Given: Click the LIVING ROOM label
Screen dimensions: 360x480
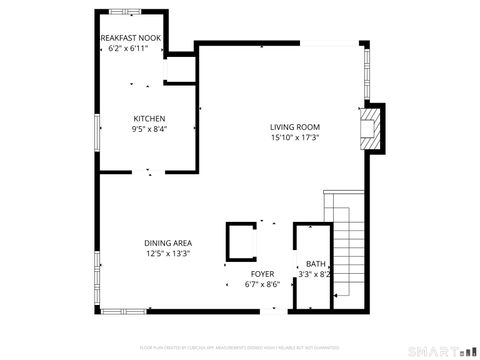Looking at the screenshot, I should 294,127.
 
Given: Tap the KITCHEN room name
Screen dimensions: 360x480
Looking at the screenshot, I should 149,119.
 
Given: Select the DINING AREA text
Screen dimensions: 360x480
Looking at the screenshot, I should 168,243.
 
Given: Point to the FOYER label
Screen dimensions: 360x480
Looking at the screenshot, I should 262,273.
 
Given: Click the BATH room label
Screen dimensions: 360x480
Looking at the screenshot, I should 315,264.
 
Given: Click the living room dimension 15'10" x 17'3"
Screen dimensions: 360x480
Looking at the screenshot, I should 294,137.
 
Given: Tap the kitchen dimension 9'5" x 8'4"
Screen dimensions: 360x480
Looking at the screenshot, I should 149,129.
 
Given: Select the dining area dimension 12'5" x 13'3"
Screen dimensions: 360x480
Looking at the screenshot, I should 168,253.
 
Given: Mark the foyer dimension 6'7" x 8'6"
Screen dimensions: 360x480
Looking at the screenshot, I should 262,284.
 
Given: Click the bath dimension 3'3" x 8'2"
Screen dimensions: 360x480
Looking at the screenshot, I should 315,274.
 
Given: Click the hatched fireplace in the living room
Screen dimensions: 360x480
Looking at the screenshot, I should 371,127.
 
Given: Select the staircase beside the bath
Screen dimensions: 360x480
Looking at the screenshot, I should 346,255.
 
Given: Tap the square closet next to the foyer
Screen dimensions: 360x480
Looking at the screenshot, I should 241,243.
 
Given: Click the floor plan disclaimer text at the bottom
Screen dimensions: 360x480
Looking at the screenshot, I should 239,346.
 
